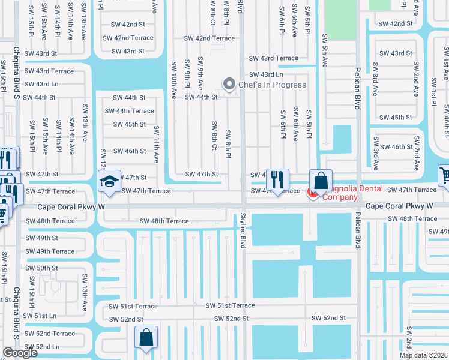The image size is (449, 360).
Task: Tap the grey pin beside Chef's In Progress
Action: point(228,85)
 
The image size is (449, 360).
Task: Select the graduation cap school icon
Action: point(109,182)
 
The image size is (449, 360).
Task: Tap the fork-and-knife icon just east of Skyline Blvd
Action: point(277,179)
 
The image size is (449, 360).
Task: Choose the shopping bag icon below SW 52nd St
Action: point(146,337)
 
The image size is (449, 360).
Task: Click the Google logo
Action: point(20,353)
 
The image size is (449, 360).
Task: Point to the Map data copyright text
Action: point(423,355)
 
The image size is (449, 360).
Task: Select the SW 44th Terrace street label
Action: point(130,111)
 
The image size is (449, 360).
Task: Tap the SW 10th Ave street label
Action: point(173,79)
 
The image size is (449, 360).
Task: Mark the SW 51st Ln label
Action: point(40,315)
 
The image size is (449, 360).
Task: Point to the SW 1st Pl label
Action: point(433,89)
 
